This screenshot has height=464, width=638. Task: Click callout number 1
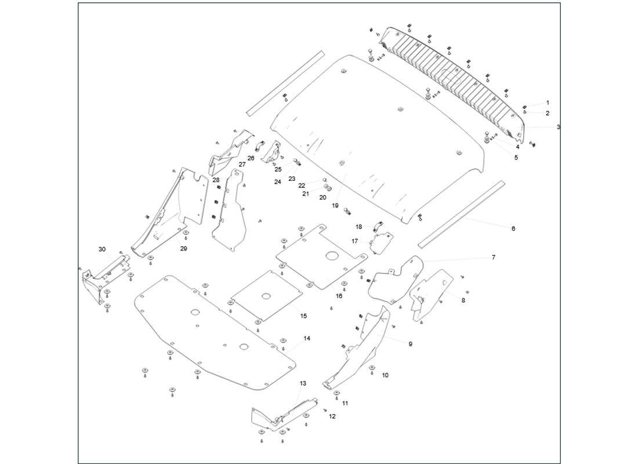coord(547,103)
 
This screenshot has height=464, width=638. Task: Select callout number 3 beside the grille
coord(558,126)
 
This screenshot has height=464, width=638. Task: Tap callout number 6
coord(513,229)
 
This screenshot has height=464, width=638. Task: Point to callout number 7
coord(494,257)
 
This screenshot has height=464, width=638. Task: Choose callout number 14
coord(307,338)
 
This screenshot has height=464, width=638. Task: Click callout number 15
coord(303,316)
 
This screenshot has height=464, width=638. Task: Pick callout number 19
coord(335,206)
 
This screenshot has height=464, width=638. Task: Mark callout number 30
coord(102,249)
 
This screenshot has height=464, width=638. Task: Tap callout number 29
coord(183,249)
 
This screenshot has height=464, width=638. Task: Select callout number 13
coord(303,383)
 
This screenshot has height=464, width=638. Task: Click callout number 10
coord(385,375)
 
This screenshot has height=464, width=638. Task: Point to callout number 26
coord(251,158)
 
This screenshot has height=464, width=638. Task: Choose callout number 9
coord(410,344)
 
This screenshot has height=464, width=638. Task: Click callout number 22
coord(302,186)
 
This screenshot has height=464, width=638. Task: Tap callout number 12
coord(332,416)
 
